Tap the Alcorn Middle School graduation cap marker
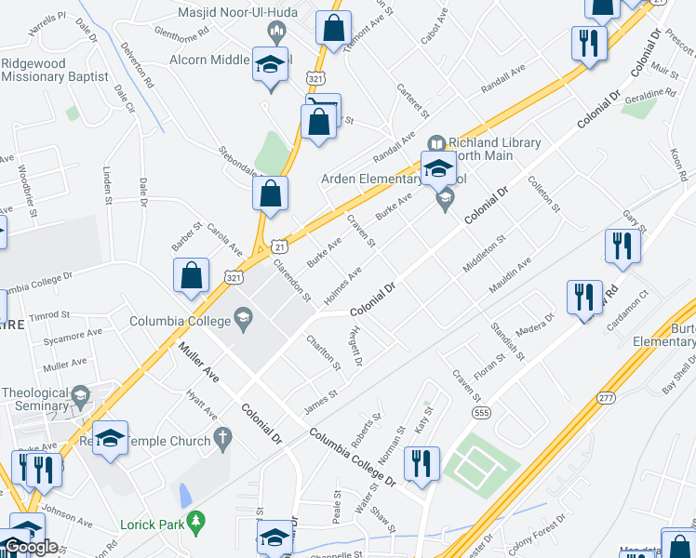[x=270, y=66]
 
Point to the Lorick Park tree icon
[x=195, y=524]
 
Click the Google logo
[x=30, y=547]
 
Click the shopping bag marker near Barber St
[x=191, y=276]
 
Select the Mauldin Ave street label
[x=512, y=275]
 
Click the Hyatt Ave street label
[x=201, y=404]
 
